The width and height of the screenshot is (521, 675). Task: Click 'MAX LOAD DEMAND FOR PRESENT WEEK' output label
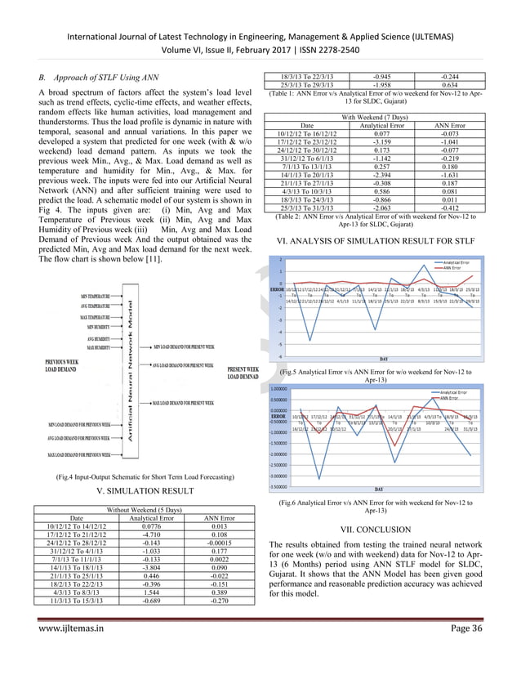(x=180, y=403)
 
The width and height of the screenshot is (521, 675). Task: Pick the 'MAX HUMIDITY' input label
(x=105, y=347)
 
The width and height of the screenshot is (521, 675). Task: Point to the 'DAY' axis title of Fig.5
(x=383, y=357)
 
